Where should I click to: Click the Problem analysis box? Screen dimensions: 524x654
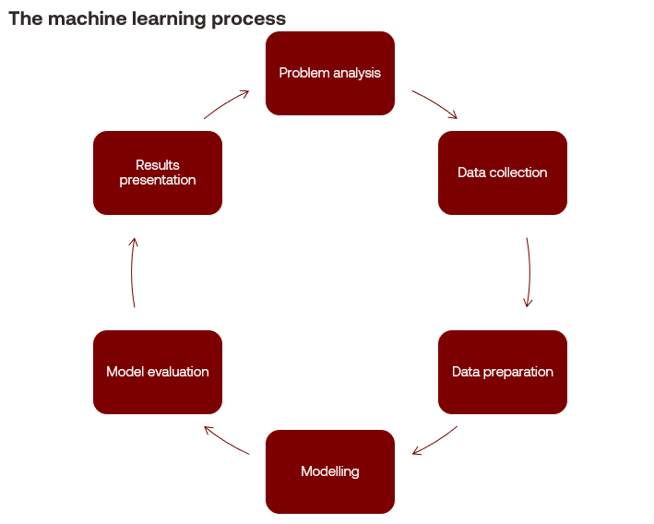pos(330,74)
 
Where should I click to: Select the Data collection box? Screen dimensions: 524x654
pos(503,173)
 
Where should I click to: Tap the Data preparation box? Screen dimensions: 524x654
pos(503,372)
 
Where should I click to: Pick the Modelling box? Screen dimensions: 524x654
pos(330,471)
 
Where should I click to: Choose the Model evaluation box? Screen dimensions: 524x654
pos(158,372)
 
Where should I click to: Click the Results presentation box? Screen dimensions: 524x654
pos(158,173)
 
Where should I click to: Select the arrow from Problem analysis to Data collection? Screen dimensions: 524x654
pos(434,104)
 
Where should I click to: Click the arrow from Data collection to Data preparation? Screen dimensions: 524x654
pos(529,272)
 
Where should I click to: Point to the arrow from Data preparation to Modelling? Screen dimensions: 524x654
pos(434,440)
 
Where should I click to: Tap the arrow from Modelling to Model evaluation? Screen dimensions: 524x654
pos(227,440)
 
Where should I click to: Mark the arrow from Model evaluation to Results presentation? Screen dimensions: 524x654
pos(132,272)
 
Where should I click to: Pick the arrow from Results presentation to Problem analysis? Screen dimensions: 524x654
pos(227,103)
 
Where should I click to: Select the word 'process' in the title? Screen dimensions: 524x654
pos(252,19)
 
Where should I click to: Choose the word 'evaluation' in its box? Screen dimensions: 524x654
pos(178,372)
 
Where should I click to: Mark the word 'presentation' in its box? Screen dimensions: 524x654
pos(158,180)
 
